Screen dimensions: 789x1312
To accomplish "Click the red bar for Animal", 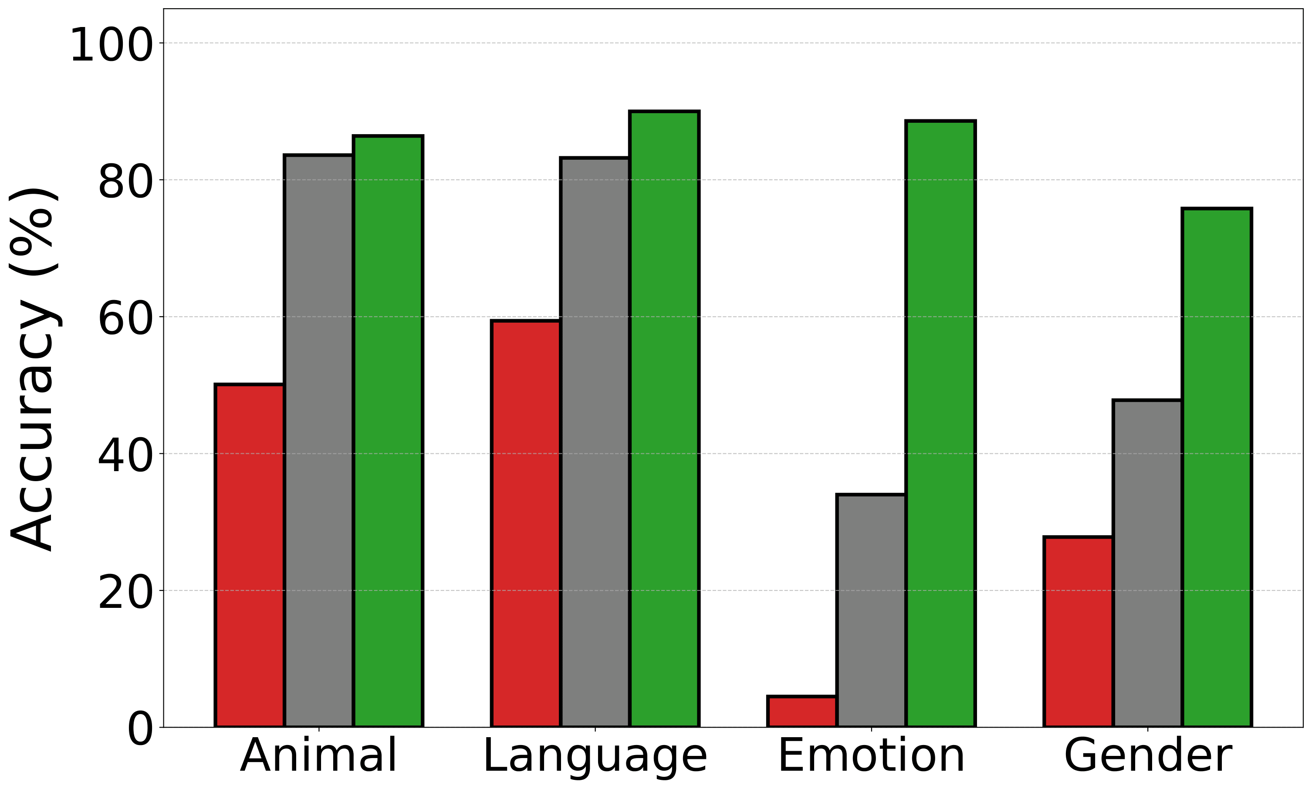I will click(250, 556).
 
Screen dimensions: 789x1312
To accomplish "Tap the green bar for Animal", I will click(388, 431).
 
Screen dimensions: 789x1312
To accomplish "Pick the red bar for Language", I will click(526, 524).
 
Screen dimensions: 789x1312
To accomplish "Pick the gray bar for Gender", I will click(1148, 563).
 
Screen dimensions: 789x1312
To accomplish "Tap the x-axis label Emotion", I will click(871, 755).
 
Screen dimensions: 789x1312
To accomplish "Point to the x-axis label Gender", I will click(1148, 755).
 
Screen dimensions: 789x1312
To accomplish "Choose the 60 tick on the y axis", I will click(125, 320).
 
